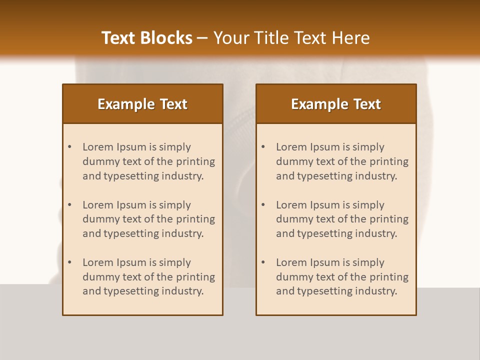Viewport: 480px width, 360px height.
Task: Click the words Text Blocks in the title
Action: click(x=146, y=38)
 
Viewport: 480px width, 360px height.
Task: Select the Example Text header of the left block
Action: click(x=142, y=104)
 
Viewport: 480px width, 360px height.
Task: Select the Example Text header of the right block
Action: click(x=336, y=104)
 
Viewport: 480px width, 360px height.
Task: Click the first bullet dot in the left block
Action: click(x=70, y=147)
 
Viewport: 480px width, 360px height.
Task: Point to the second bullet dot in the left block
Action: click(x=70, y=205)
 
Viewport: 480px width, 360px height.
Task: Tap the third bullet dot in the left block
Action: click(x=70, y=262)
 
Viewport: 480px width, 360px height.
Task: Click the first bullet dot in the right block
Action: click(x=263, y=147)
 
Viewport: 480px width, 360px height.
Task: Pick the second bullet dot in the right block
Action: click(x=263, y=205)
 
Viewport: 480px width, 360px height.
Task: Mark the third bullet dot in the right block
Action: click(x=263, y=262)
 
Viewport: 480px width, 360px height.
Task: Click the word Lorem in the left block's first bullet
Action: click(x=98, y=147)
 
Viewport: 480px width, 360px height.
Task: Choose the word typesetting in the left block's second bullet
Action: click(x=131, y=233)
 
